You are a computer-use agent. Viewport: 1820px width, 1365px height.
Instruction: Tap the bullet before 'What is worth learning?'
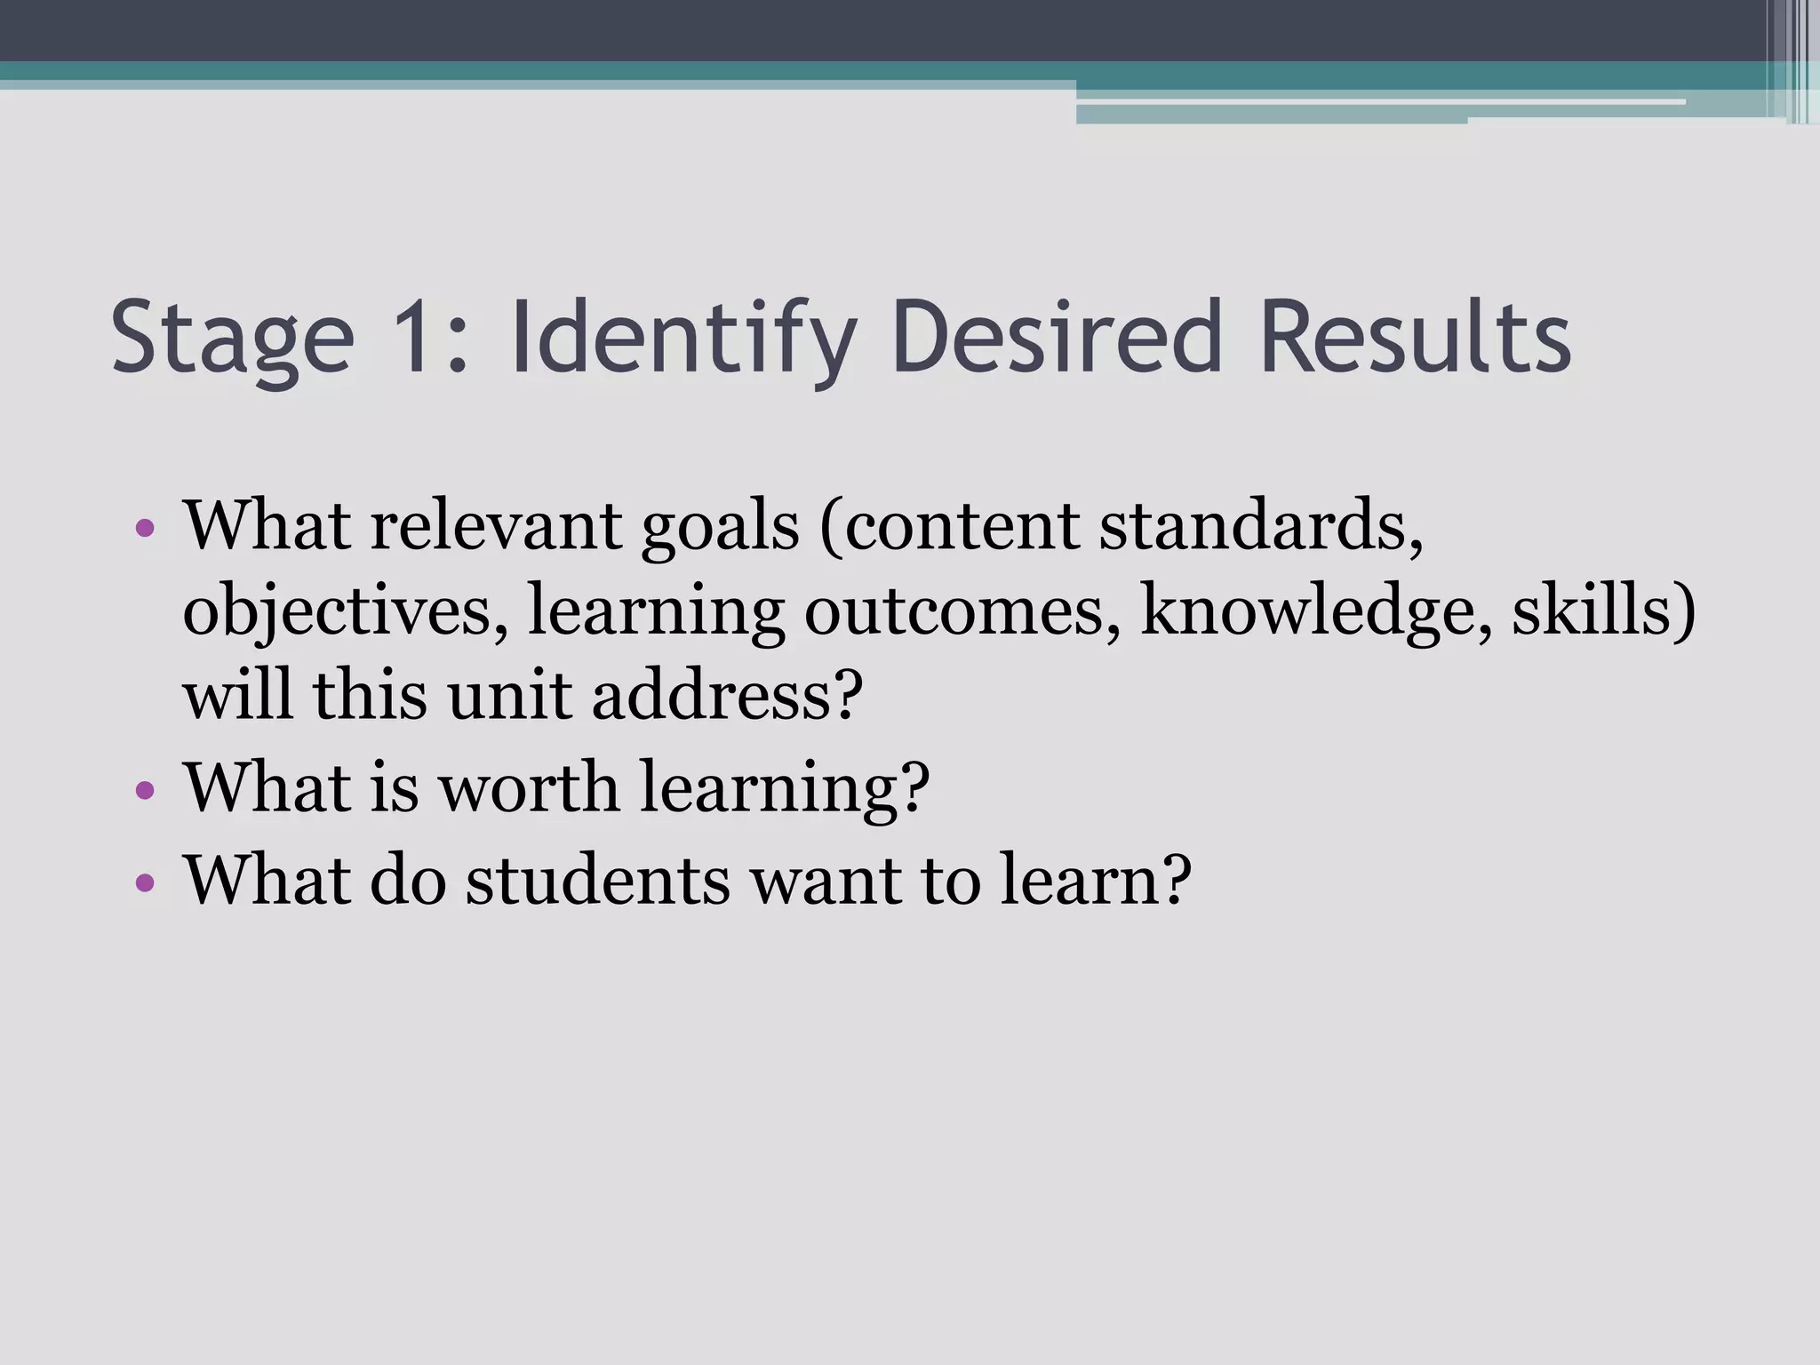(x=146, y=790)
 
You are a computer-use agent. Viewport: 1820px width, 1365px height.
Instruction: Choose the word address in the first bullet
(x=726, y=695)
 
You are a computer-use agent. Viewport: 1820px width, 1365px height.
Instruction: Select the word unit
(x=509, y=695)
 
